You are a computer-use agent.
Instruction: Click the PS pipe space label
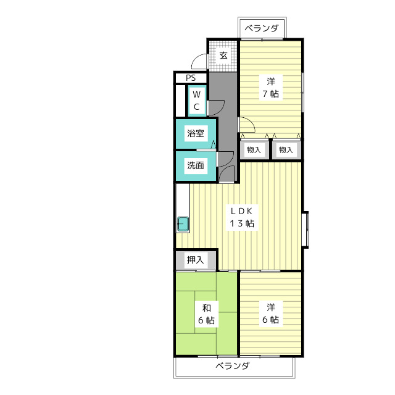tap(191, 78)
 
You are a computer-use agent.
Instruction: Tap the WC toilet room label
tap(196, 101)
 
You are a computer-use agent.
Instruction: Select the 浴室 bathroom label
tap(196, 133)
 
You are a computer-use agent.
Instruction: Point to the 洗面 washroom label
tap(196, 165)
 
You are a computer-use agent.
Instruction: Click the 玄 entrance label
tap(223, 56)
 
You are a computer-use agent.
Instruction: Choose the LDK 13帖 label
tap(242, 217)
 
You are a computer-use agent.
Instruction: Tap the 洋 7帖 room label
tap(271, 88)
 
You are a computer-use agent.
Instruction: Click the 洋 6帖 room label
tap(271, 314)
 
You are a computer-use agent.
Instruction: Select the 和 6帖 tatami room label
tap(207, 314)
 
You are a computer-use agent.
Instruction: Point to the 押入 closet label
tap(195, 260)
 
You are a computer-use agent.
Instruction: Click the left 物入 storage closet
tap(254, 150)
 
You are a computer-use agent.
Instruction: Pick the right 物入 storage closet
tap(286, 150)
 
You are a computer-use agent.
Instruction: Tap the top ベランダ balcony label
tap(262, 28)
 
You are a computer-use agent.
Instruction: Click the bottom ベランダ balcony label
tap(233, 365)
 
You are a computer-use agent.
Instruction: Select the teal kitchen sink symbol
tap(183, 224)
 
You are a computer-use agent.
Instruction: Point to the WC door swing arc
tap(217, 108)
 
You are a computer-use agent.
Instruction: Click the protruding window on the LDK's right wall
tap(306, 230)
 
